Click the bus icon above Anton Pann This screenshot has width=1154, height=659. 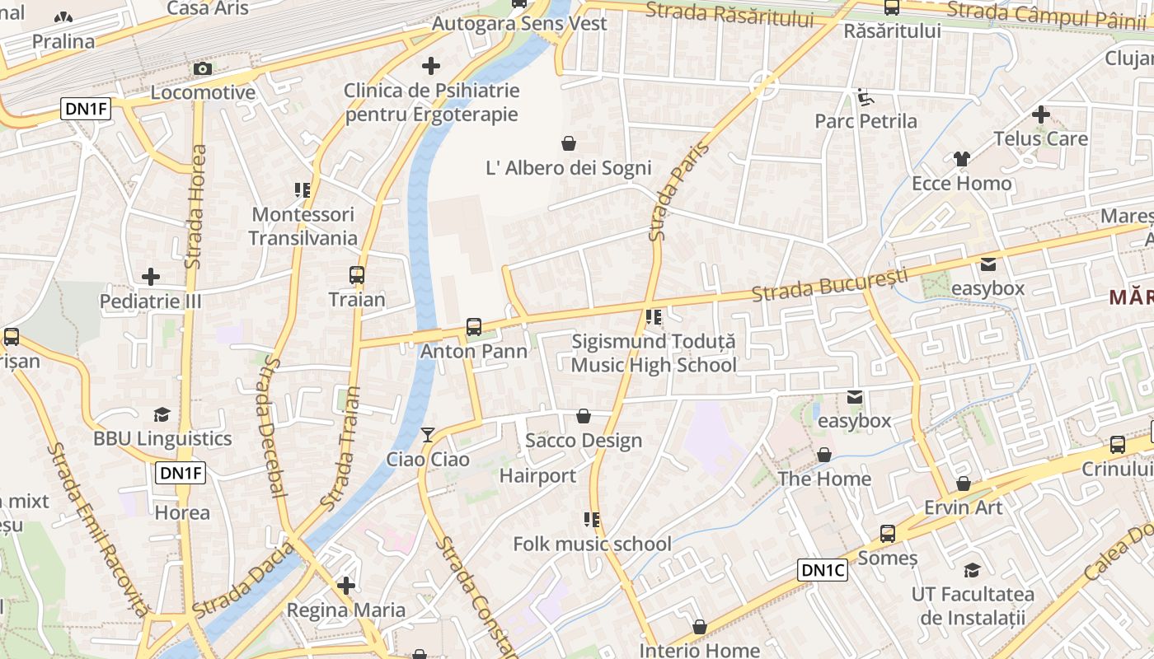coord(474,327)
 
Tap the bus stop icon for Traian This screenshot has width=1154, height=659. coord(357,275)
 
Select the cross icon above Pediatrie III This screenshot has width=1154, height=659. coord(151,277)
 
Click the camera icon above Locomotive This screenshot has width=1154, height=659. coord(203,69)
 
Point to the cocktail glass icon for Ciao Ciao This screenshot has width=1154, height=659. coord(428,435)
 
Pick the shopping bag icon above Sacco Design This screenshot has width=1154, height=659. coord(584,416)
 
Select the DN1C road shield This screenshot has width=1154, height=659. coord(823,570)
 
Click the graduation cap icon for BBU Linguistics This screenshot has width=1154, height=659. coord(162,414)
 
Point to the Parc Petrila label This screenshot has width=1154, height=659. coord(865,121)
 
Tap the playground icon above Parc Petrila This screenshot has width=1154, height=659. coord(865,98)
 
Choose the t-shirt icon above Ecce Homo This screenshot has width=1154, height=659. coord(962,159)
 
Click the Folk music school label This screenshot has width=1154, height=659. coord(592,544)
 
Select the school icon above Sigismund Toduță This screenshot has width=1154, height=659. coord(654,317)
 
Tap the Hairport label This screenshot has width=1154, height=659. coord(537,475)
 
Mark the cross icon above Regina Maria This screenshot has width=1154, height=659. coord(346,586)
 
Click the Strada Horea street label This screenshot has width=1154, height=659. coord(196,207)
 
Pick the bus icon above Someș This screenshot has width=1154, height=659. coord(888,534)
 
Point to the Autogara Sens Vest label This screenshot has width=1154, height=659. coord(519,23)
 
